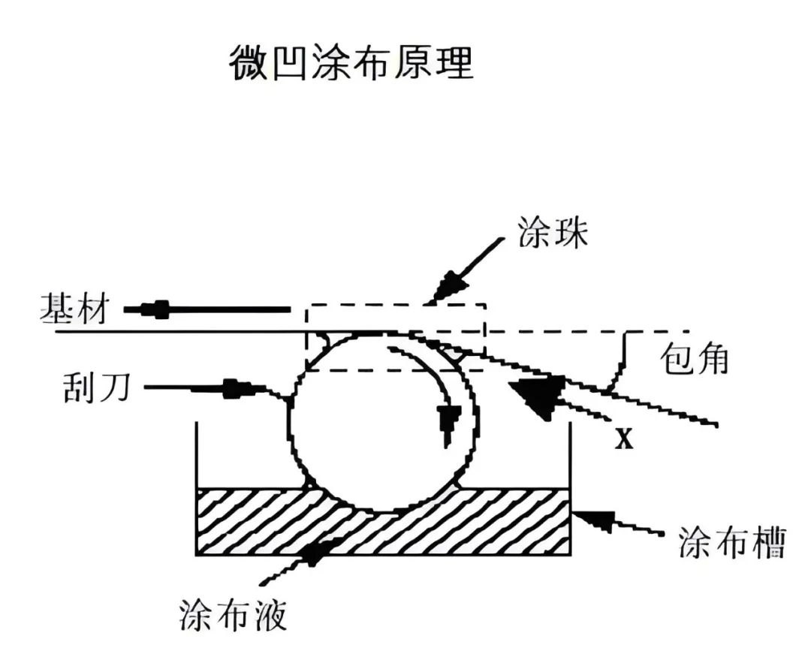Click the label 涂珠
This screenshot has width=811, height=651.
pyautogui.click(x=551, y=234)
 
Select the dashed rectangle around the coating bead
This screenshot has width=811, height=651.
pyautogui.click(x=396, y=305)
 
